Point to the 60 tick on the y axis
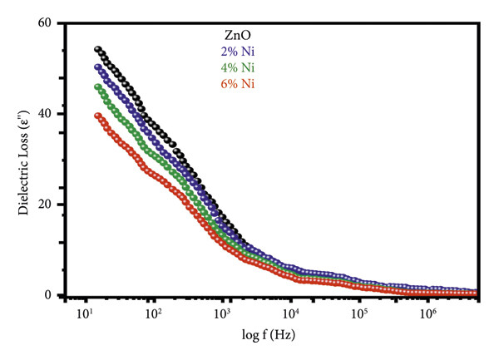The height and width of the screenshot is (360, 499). [46, 22]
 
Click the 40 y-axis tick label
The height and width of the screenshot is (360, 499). [46, 114]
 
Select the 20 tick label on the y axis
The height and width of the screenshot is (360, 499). [46, 205]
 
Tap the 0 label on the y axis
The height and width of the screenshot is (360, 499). [49, 295]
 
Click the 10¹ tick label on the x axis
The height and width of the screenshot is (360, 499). [83, 315]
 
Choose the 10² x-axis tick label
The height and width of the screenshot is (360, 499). [152, 315]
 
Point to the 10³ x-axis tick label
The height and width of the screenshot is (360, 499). [221, 315]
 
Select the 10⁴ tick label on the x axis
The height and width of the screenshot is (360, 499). [290, 315]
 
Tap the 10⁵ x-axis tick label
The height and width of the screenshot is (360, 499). [359, 315]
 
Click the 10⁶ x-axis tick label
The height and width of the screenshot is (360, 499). [428, 315]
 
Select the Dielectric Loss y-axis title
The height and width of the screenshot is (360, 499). [22, 158]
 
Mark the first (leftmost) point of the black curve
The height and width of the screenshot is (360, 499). [97, 50]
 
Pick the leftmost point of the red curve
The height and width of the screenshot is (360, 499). [97, 116]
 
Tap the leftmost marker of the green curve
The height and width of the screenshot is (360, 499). [97, 86]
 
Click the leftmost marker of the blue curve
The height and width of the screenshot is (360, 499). [97, 67]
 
